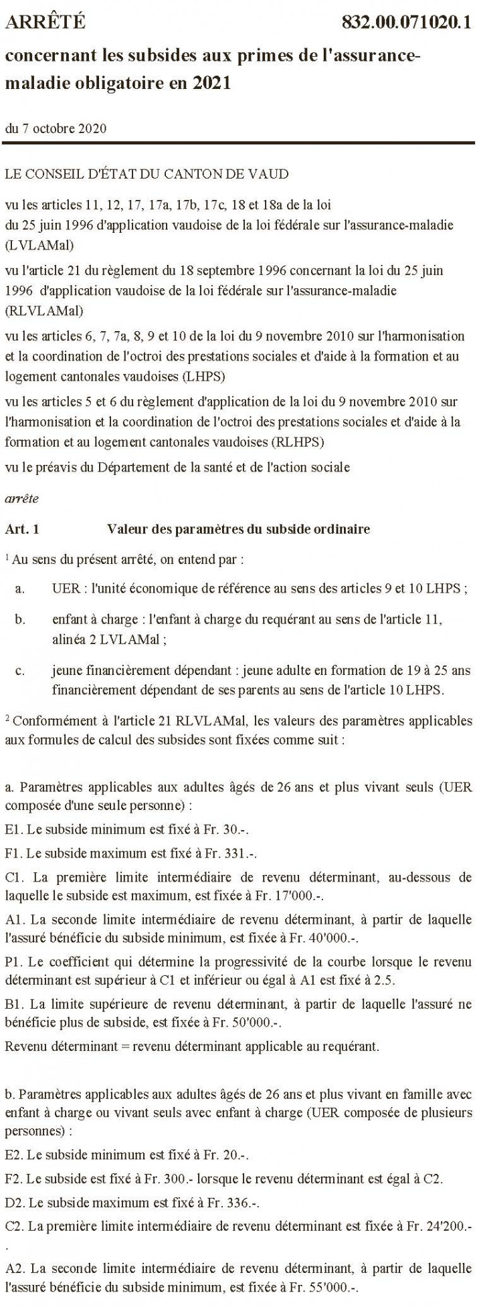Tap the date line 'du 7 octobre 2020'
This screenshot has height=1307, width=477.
pos(56,128)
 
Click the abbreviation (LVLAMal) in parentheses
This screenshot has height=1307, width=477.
pos(39,243)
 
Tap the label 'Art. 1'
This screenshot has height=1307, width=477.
pos(22,529)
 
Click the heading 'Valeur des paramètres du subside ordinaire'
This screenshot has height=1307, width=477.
pos(238,529)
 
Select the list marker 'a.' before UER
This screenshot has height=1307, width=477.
pos(21,589)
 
